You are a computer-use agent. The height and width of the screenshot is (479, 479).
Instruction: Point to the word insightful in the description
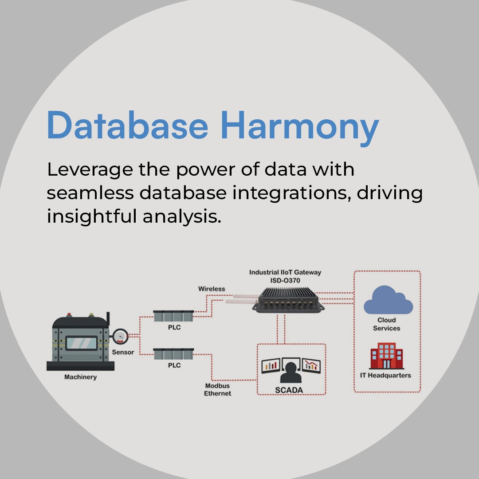click(x=91, y=216)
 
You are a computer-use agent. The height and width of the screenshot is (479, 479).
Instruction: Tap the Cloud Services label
click(x=386, y=324)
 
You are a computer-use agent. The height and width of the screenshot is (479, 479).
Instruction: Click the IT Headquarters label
click(x=385, y=375)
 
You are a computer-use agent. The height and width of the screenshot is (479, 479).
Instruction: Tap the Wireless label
click(x=212, y=289)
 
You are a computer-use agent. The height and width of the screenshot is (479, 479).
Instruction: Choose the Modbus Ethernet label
click(x=217, y=389)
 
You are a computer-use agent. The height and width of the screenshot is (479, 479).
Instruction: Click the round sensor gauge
click(x=120, y=337)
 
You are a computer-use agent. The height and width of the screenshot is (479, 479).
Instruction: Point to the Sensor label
click(x=123, y=352)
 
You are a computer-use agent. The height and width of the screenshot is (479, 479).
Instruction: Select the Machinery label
click(x=80, y=377)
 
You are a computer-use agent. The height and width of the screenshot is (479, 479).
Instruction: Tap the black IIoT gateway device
click(x=288, y=299)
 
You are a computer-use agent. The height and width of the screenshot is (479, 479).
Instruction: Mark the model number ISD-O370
click(x=285, y=280)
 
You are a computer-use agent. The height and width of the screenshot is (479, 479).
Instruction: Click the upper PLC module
click(x=173, y=317)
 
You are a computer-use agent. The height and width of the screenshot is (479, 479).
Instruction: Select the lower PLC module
click(x=173, y=354)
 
